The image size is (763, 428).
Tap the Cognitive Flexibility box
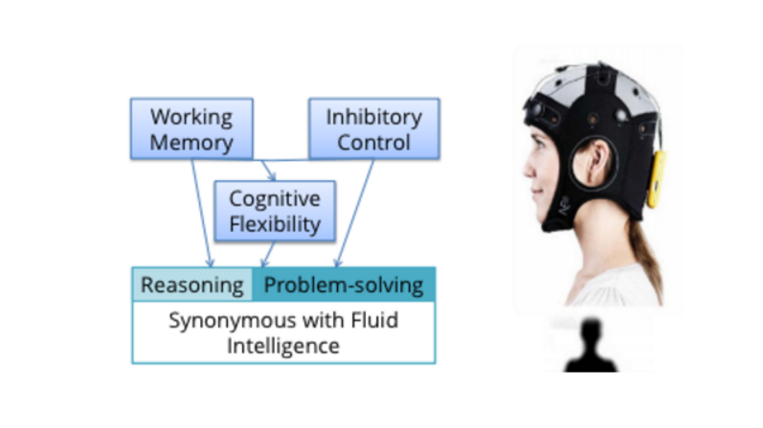(274, 213)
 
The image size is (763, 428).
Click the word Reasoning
(191, 284)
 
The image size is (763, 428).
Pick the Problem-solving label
(343, 284)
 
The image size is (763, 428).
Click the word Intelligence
(282, 345)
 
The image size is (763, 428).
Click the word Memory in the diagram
(191, 144)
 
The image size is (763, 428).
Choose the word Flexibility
(274, 225)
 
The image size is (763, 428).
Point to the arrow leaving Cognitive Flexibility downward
(269, 254)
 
